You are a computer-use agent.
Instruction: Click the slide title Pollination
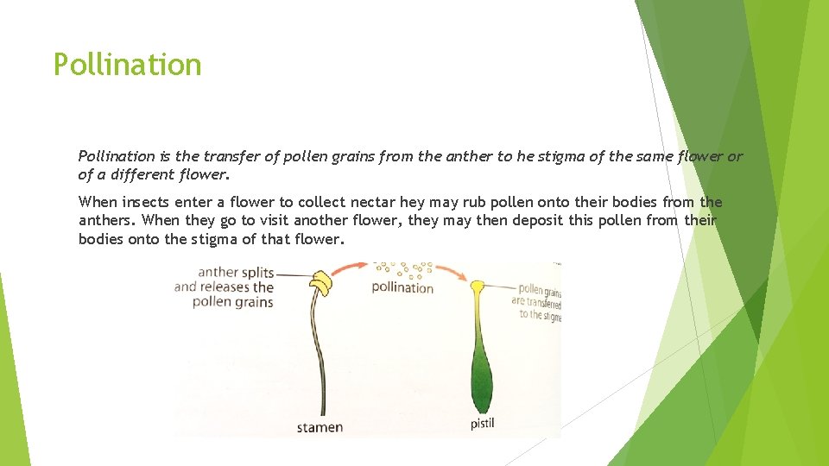127,65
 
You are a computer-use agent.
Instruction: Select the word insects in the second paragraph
146,202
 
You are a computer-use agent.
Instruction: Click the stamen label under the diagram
320,426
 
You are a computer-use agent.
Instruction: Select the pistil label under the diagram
483,424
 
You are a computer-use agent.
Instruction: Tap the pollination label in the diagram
402,287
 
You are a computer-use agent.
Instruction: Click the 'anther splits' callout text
235,273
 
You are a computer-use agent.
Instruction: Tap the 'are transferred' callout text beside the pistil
536,302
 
